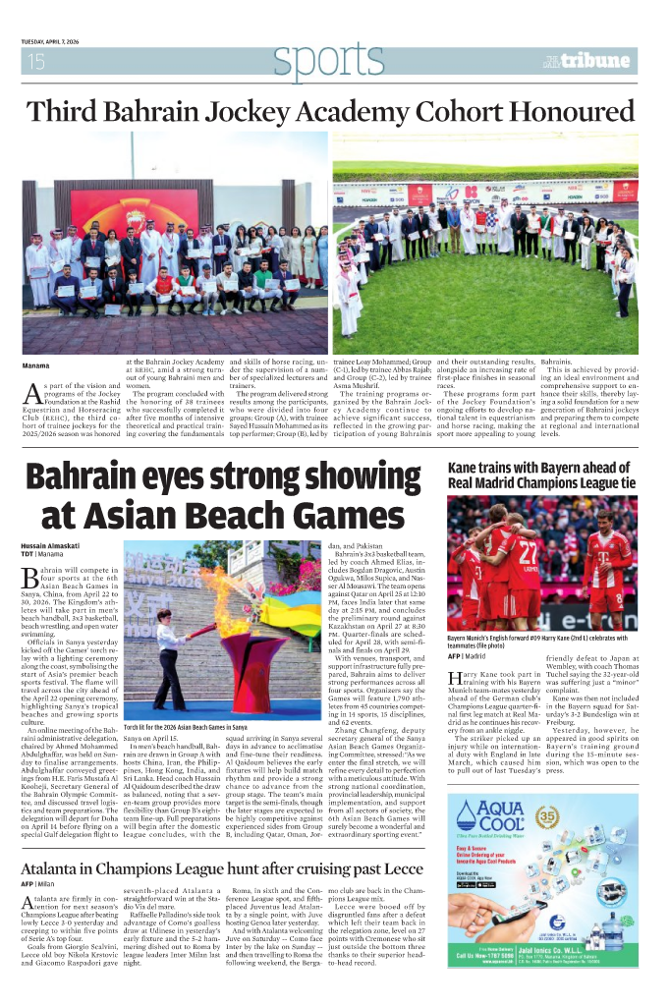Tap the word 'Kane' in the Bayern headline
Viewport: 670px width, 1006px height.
coord(465,468)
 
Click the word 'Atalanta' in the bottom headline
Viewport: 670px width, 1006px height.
coord(59,842)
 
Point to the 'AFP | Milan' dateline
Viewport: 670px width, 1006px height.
coord(39,858)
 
